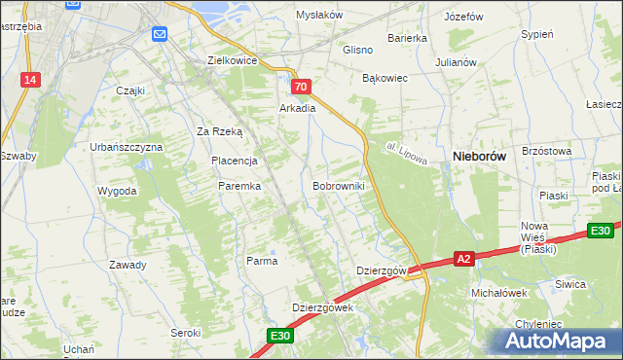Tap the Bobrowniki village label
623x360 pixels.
point(339,185)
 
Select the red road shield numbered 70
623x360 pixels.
point(301,88)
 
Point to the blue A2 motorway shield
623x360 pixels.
point(464,258)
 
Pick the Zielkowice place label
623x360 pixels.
point(232,59)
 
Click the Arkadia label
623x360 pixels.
point(298,108)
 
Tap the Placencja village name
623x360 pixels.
point(234,161)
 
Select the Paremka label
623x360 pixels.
point(238,185)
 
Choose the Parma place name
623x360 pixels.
point(262,261)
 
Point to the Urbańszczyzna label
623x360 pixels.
point(126,146)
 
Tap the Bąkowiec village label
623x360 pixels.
point(384,77)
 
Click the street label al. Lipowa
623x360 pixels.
point(404,156)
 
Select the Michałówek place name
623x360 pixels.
point(498,292)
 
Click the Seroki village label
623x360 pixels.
point(184,332)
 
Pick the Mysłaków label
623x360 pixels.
point(320,15)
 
